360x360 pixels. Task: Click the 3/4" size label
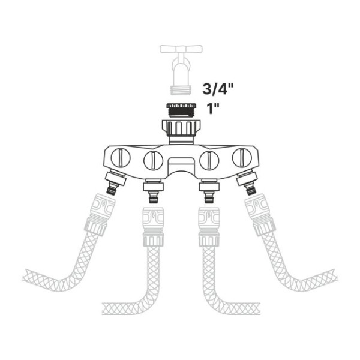(x=218, y=89)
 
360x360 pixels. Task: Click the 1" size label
(x=213, y=108)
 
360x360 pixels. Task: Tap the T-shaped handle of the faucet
(x=181, y=49)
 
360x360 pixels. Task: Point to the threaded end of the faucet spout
(x=181, y=90)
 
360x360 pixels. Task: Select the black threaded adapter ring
(x=181, y=110)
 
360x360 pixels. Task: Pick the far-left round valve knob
(x=121, y=158)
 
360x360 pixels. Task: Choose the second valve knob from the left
(x=153, y=160)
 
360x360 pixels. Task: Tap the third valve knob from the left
(x=209, y=160)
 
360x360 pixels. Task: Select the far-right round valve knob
(x=242, y=158)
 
